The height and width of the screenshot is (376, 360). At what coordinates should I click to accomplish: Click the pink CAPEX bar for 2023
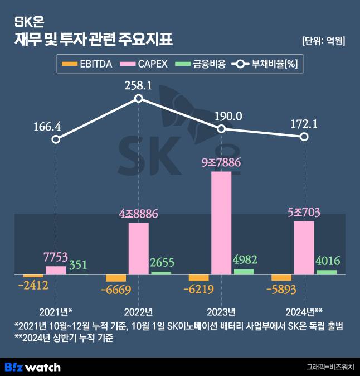pos(221,223)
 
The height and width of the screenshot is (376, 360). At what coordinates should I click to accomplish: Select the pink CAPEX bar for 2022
pos(139,248)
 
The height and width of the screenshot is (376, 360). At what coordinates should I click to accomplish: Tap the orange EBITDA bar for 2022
pos(116,278)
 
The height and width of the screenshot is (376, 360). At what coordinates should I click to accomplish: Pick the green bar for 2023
pos(244,272)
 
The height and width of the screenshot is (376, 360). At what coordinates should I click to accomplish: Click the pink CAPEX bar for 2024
pos(304,248)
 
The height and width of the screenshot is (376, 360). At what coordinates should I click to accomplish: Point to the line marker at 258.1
pos(139,99)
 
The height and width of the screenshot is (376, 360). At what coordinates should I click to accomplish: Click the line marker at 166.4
pos(56,139)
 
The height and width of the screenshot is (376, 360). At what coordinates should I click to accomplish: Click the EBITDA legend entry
pos(87,64)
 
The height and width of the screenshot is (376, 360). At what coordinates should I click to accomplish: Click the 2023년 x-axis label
pos(221,311)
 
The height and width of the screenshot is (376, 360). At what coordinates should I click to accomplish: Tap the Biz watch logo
pos(32,367)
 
